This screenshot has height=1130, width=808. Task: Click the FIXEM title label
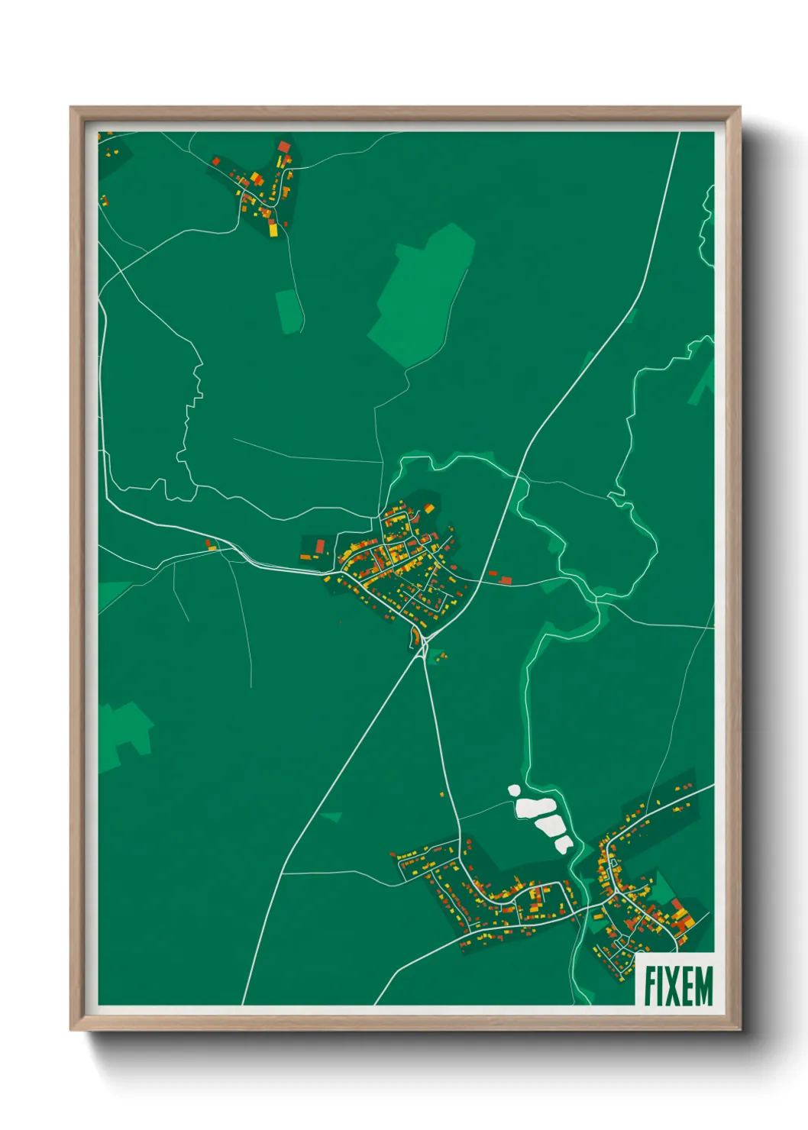pos(677,985)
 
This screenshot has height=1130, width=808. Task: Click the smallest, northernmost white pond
pos(514,790)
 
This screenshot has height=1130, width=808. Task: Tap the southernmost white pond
pos(563,844)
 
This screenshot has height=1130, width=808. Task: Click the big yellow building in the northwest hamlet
pos(273,228)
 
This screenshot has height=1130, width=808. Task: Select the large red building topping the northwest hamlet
pos(284,147)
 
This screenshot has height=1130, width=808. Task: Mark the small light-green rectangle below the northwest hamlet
pos(288,312)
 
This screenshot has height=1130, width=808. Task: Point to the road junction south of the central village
pos(424,646)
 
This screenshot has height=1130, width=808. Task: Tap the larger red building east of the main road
pos(505,580)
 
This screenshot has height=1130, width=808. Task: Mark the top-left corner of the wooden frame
pos(72,108)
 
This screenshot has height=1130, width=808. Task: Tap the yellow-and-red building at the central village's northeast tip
pos(428,508)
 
